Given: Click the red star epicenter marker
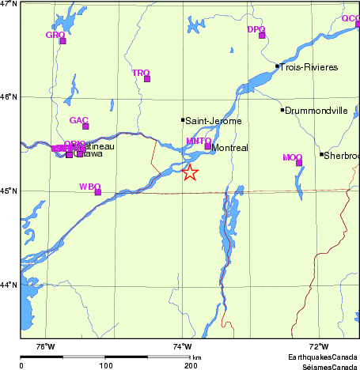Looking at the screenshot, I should pyautogui.click(x=190, y=172).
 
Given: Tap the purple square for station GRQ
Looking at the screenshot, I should pyautogui.click(x=63, y=40).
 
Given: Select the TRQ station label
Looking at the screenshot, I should pyautogui.click(x=141, y=73).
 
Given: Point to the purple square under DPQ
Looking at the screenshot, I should pyautogui.click(x=262, y=35).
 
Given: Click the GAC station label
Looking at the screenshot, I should pyautogui.click(x=78, y=120).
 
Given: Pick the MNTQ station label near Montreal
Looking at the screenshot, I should pyautogui.click(x=198, y=141).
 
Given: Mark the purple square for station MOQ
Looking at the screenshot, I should pyautogui.click(x=299, y=163).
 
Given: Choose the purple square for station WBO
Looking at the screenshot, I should pyautogui.click(x=98, y=192).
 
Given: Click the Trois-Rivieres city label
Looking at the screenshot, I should pyautogui.click(x=310, y=68).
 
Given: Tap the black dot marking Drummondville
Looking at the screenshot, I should pyautogui.click(x=282, y=110).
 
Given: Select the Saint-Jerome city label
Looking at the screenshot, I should pyautogui.click(x=214, y=121).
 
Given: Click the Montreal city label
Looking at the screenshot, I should pyautogui.click(x=230, y=148).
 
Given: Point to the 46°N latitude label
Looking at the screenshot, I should pyautogui.click(x=9, y=96).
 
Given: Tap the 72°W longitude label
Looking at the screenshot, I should pyautogui.click(x=318, y=346).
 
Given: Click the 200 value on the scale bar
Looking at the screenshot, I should pyautogui.click(x=191, y=366).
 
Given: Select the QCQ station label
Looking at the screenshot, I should pyautogui.click(x=350, y=18).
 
